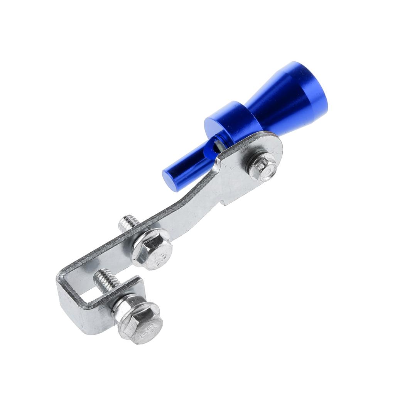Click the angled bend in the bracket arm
193,204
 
